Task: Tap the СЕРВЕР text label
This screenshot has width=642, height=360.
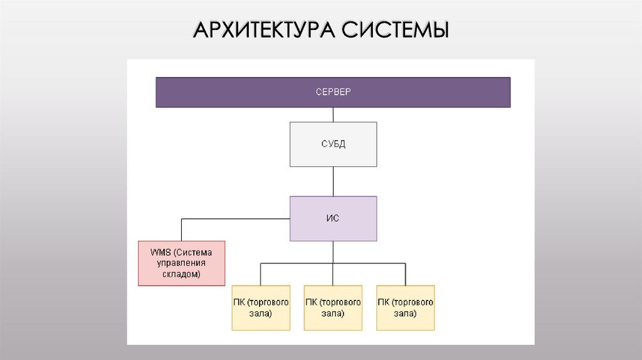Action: pos(333,92)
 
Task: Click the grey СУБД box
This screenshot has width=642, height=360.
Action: pos(333,144)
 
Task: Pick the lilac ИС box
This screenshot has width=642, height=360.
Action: pos(333,219)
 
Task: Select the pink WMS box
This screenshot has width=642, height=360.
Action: pos(181,263)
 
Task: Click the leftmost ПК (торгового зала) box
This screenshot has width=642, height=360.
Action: pos(261,307)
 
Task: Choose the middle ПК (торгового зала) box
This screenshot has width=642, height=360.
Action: pos(333,307)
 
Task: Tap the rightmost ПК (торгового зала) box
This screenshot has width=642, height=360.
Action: pos(406,307)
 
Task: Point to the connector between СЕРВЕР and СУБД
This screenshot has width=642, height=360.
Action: pos(333,115)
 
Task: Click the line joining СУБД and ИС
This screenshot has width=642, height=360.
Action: pos(333,181)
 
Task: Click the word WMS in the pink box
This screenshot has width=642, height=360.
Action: pos(160,252)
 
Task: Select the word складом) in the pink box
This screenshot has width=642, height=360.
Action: pos(181,275)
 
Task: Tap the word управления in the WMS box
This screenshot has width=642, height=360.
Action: pos(181,263)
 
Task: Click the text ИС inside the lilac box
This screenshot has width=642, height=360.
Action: pos(333,219)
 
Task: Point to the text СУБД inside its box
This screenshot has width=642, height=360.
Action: pos(333,144)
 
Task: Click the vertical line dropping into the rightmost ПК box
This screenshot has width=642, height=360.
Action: pos(406,274)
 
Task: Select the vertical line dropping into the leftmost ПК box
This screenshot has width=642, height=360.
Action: pos(261,274)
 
